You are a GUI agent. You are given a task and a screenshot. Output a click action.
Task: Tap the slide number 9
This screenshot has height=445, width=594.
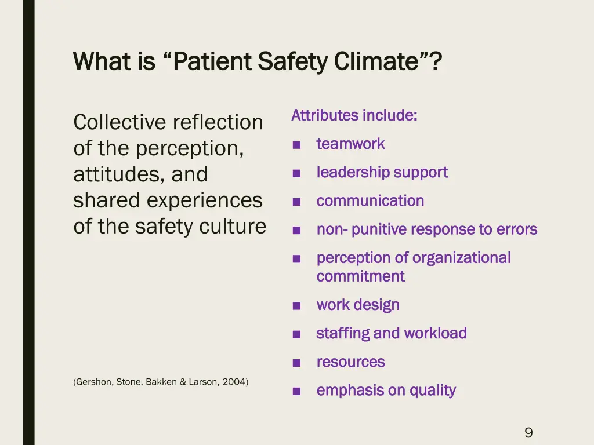click(x=528, y=432)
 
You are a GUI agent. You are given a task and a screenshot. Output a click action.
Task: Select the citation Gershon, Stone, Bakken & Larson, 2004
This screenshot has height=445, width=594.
click(x=161, y=381)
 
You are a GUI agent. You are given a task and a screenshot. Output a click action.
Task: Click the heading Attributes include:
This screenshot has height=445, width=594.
click(x=354, y=115)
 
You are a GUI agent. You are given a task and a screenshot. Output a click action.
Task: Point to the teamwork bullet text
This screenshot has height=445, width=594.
click(x=350, y=144)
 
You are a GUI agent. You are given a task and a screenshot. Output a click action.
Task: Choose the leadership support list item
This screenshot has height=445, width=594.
click(x=382, y=172)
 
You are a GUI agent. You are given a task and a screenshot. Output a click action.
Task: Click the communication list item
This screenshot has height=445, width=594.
click(x=370, y=201)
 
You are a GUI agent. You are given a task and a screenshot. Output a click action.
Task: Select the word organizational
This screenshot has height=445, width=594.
click(x=462, y=258)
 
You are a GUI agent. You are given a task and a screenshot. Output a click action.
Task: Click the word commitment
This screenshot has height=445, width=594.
click(x=360, y=276)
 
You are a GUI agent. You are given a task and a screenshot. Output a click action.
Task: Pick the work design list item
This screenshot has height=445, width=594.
click(x=358, y=305)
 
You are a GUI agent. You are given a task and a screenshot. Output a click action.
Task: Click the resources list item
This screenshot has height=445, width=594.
click(x=350, y=362)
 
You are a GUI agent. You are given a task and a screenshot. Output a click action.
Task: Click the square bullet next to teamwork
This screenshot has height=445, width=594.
click(x=296, y=145)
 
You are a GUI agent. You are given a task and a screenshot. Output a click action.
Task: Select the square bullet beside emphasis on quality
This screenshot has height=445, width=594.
click(x=296, y=392)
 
